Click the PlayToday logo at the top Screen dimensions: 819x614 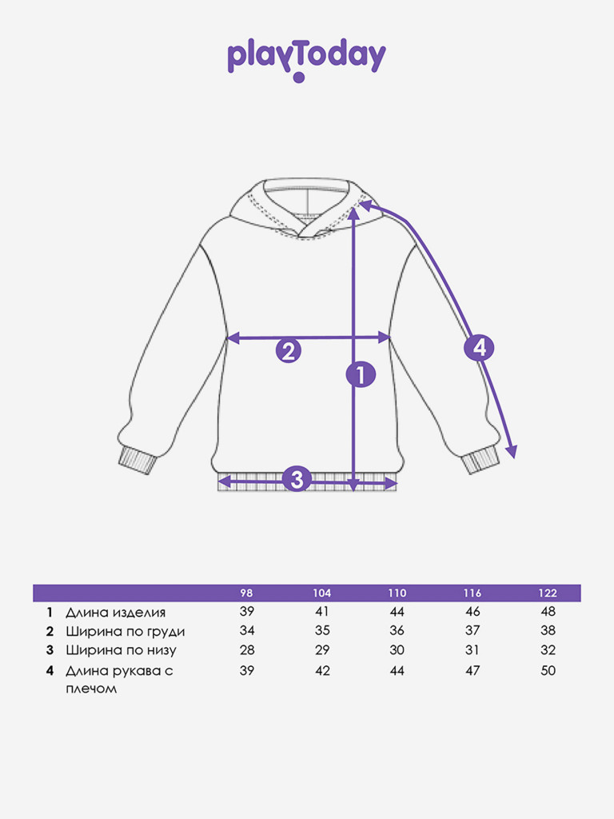coord(306,58)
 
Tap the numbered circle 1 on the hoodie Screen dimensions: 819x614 coord(360,374)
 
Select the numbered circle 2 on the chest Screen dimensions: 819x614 coord(289,350)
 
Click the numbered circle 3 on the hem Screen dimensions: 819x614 coord(297,480)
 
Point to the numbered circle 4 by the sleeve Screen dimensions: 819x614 coord(479,348)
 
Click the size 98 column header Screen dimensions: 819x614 coord(247,593)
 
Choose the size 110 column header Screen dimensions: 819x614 coord(397,593)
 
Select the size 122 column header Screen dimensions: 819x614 coord(548,593)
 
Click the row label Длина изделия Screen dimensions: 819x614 coord(116,613)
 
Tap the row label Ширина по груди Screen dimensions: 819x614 coord(126,632)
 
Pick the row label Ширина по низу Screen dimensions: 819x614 coord(121,651)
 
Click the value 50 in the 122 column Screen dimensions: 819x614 coord(548,671)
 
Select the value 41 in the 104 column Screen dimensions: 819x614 coord(322,612)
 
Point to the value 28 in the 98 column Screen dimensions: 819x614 coord(247,650)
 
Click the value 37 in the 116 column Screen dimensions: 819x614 coord(472,631)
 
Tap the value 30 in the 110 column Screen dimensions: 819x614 coord(397,650)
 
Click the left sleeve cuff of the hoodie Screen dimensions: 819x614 coord(135,461)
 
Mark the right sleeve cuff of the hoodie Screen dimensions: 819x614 coord(481,461)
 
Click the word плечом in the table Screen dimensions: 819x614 coord(91,689)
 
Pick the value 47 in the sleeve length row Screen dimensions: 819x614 coord(472,671)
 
